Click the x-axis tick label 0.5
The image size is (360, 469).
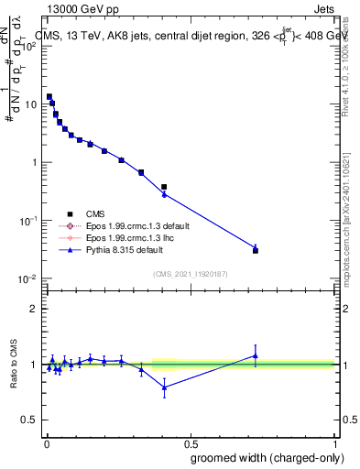190,443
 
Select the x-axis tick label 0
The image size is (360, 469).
45,443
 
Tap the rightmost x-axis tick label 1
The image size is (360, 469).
335,443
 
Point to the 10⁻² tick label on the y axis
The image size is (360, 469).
27,279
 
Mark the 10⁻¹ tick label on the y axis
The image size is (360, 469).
27,221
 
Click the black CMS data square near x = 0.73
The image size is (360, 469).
256,250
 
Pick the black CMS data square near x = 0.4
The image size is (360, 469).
164,187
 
